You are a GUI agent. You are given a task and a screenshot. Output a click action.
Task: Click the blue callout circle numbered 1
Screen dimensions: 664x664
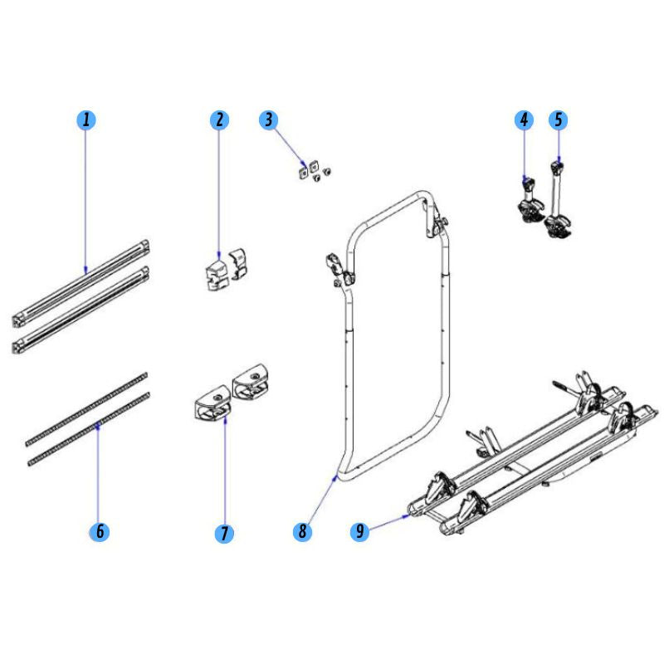coord(86,120)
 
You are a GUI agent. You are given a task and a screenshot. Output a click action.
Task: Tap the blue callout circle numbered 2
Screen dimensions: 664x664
coord(219,120)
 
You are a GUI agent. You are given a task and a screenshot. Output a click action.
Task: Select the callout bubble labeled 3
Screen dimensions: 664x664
coord(267,120)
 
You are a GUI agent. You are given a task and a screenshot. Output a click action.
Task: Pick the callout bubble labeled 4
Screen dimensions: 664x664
coord(524,120)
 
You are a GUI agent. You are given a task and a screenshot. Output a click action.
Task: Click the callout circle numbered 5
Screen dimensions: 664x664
coord(558,120)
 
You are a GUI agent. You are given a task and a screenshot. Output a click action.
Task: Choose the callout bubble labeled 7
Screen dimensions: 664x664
coord(225,532)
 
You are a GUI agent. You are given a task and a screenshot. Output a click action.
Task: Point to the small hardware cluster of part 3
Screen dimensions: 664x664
coord(311,169)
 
